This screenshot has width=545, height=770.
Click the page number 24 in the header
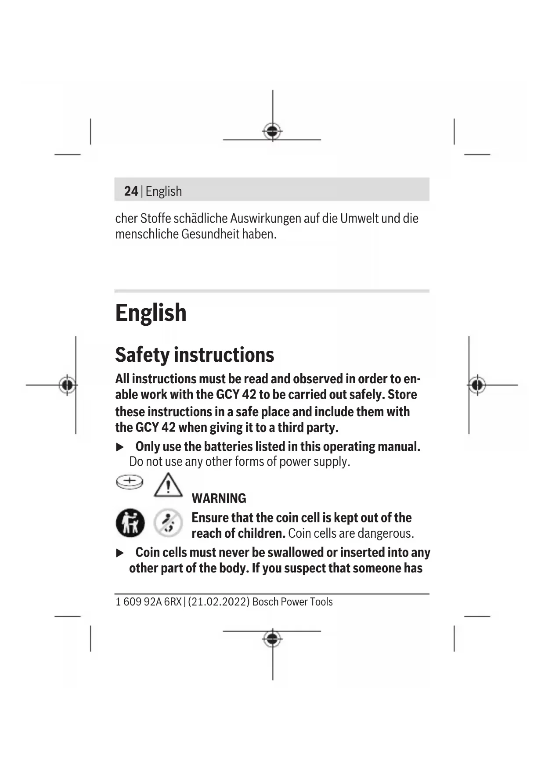131,191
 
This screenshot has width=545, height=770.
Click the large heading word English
151,313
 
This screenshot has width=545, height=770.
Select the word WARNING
219,499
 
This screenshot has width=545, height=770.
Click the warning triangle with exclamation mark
168,486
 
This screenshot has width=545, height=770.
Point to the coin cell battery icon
130,482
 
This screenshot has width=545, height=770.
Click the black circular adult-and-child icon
130,523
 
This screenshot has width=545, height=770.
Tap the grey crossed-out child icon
168,523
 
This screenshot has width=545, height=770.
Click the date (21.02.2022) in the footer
219,602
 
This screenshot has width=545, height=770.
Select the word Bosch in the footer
265,602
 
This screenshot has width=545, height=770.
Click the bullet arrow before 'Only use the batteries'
120,447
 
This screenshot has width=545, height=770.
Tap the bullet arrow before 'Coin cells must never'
120,553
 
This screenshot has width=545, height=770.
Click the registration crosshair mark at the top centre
272,131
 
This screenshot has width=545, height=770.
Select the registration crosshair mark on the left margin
67,385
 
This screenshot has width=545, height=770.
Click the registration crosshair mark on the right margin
477,385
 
